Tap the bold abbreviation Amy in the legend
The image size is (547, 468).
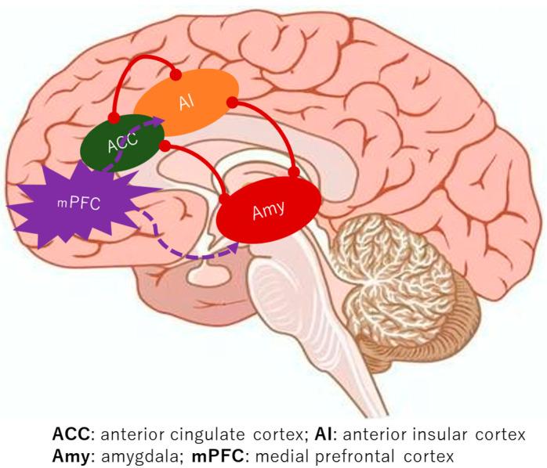[x=70, y=454]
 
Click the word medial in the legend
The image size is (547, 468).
[x=288, y=454]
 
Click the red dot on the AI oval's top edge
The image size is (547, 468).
[x=176, y=75]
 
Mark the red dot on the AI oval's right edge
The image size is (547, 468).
[x=232, y=103]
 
